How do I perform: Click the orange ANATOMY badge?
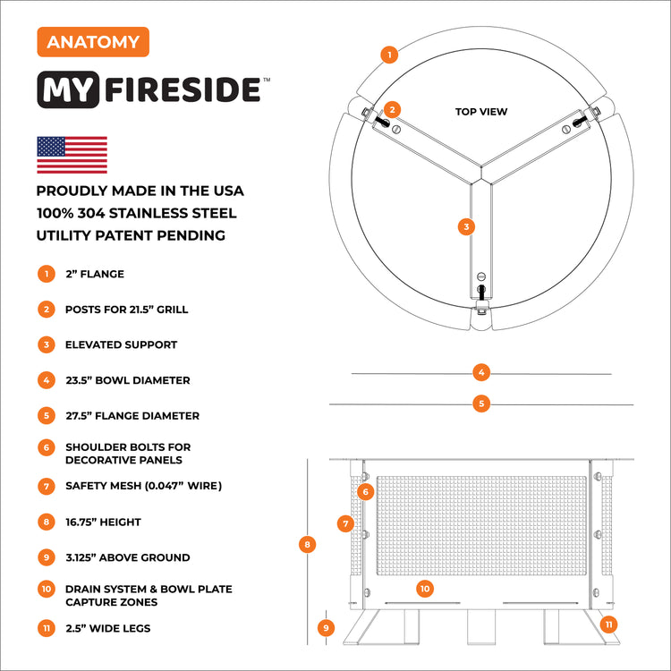point(93,41)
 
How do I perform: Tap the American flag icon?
point(72,155)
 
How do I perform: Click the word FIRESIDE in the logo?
point(183,90)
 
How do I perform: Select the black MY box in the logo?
point(71,90)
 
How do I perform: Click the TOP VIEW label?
point(481,112)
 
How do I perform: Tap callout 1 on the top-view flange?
point(388,55)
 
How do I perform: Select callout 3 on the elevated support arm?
point(465,226)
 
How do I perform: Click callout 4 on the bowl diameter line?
point(481,372)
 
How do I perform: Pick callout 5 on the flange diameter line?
point(481,403)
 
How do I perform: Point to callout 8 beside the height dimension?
point(308,543)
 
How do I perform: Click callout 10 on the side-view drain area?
point(425,588)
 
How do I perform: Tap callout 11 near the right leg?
point(609,624)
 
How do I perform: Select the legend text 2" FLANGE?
point(95,274)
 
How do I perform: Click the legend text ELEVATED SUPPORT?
point(121,344)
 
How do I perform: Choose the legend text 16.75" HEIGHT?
point(103,522)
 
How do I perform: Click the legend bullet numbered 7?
point(46,486)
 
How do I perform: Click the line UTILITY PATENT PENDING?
point(131,236)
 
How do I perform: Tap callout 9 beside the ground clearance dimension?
point(326,628)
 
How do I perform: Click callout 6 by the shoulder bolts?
point(365,491)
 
